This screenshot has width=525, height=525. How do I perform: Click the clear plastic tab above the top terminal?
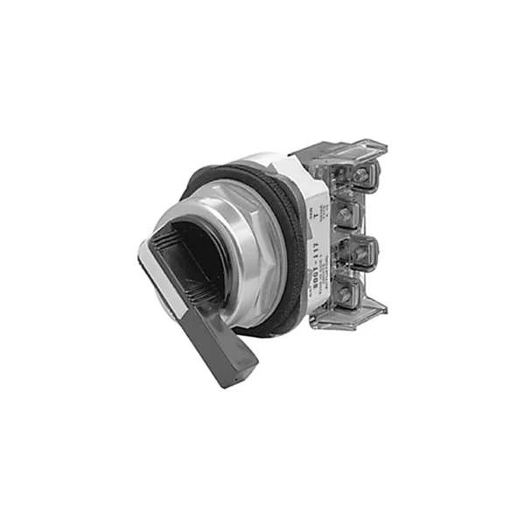(355, 150)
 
